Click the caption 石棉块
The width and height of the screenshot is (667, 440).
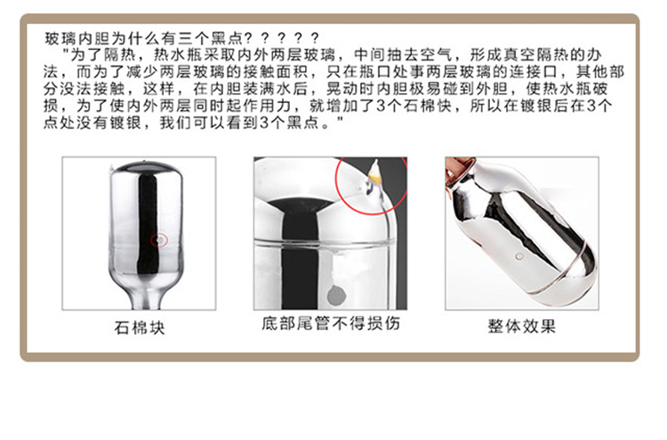(140, 328)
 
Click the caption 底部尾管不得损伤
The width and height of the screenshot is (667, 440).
(331, 324)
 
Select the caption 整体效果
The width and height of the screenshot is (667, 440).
(522, 326)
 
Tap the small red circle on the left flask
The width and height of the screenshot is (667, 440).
(159, 240)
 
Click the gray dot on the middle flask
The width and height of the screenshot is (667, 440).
(336, 295)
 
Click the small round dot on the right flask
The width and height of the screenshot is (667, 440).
(519, 256)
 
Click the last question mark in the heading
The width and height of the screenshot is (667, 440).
(315, 39)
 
